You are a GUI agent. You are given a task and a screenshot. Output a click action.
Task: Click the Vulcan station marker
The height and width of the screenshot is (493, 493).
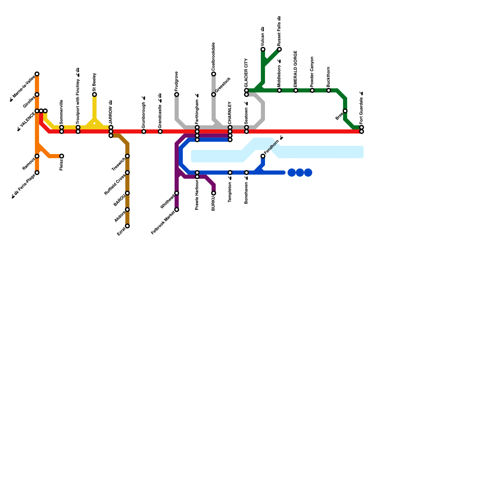pyautogui.click(x=263, y=49)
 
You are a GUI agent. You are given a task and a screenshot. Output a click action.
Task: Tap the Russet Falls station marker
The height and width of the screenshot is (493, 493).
pyautogui.click(x=279, y=49)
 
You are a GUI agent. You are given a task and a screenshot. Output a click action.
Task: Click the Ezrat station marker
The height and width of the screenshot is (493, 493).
pyautogui.click(x=127, y=226)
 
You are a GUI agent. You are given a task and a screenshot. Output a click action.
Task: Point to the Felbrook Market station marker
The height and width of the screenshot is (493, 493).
pyautogui.click(x=177, y=210)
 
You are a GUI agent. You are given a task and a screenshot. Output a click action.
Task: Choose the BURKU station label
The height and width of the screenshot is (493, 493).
pyautogui.click(x=213, y=204)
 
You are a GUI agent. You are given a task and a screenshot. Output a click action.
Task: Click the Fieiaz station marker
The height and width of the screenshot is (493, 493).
pyautogui.click(x=62, y=156)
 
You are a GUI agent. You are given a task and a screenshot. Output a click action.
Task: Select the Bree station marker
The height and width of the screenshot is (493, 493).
pyautogui.click(x=345, y=111)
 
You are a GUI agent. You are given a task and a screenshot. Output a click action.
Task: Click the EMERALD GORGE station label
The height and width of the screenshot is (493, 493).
pyautogui.click(x=295, y=69)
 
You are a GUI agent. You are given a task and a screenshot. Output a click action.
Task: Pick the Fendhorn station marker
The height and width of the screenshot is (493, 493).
pyautogui.click(x=263, y=156)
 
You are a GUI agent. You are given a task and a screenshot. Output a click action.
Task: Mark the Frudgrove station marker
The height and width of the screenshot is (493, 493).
pyautogui.click(x=177, y=95)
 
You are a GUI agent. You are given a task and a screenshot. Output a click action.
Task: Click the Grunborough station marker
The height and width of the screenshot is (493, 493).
pyautogui.click(x=144, y=132)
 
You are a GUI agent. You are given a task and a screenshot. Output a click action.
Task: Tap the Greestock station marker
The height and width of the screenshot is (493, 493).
pyautogui.click(x=214, y=95)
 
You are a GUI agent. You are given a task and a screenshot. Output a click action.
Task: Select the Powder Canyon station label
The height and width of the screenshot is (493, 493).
pyautogui.click(x=312, y=71)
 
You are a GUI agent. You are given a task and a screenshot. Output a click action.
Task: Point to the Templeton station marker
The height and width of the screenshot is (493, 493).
pyautogui.click(x=230, y=173)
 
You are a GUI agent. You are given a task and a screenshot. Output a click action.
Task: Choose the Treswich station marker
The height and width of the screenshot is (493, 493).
pyautogui.click(x=127, y=156)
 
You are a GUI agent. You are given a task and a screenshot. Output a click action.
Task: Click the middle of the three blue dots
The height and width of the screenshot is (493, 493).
pyautogui.click(x=300, y=173)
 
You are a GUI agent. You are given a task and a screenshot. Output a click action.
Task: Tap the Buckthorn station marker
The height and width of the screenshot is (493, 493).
pyautogui.click(x=328, y=91)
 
